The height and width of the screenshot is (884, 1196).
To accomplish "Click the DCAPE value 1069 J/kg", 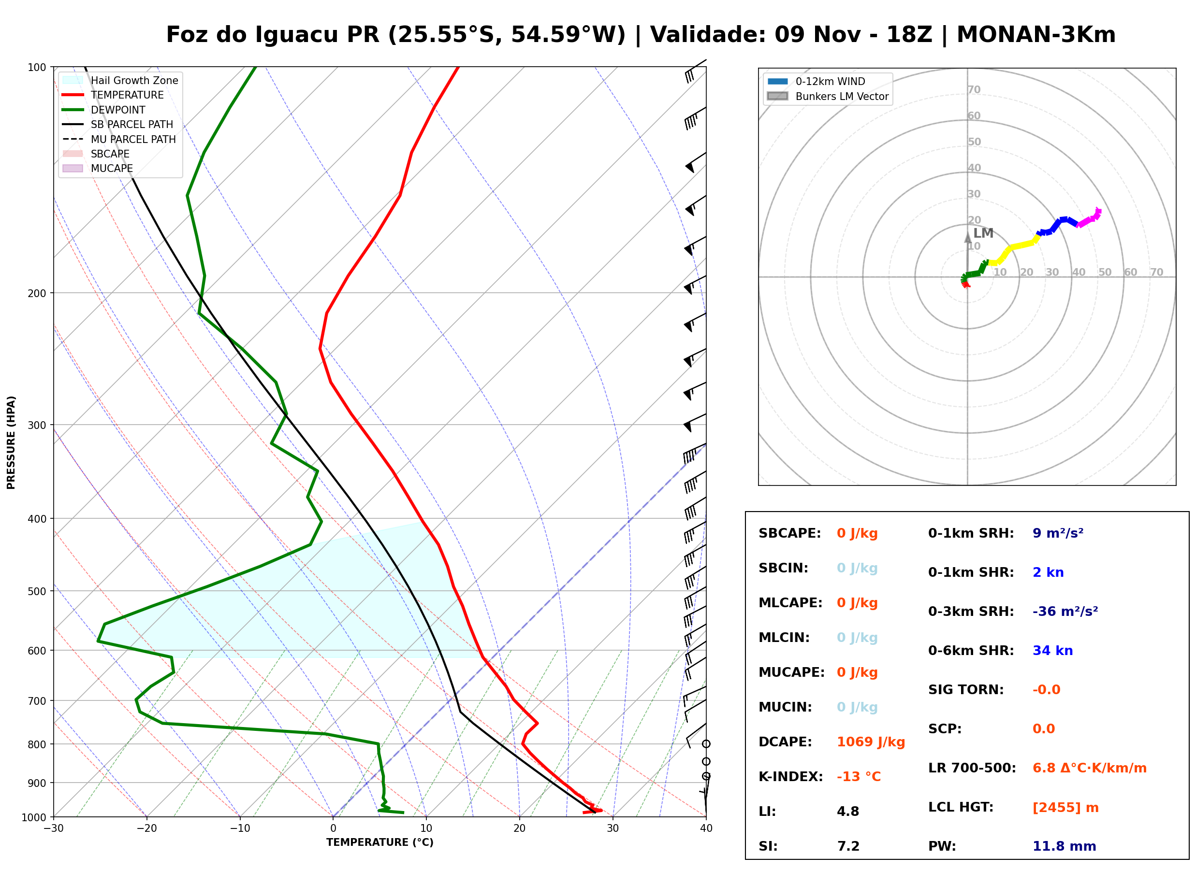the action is [x=871, y=741].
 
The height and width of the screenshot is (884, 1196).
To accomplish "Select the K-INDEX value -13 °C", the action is [x=859, y=776].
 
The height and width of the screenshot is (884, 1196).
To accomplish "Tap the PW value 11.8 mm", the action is [x=1065, y=846].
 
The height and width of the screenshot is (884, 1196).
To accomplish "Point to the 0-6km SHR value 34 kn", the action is [x=1052, y=651].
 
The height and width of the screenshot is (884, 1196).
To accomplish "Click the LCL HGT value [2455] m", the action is [x=1065, y=808].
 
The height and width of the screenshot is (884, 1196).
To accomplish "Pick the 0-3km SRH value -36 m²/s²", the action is [x=1065, y=611].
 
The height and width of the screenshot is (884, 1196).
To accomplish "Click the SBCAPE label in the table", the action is [x=789, y=533].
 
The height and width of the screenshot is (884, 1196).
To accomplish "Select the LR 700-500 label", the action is [x=972, y=768].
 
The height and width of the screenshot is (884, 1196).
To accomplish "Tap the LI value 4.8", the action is [x=848, y=811].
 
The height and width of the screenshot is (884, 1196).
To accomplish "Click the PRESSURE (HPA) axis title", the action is [x=11, y=442].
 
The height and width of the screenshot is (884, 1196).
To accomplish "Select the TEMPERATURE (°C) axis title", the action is [x=380, y=843].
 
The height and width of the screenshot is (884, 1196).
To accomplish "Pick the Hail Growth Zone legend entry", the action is [x=120, y=80].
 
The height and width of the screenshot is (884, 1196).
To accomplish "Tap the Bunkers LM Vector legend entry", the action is [x=828, y=96].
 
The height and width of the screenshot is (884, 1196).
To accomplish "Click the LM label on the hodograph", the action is [x=983, y=233].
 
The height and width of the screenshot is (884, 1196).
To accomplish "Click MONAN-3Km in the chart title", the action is [x=1036, y=34].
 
